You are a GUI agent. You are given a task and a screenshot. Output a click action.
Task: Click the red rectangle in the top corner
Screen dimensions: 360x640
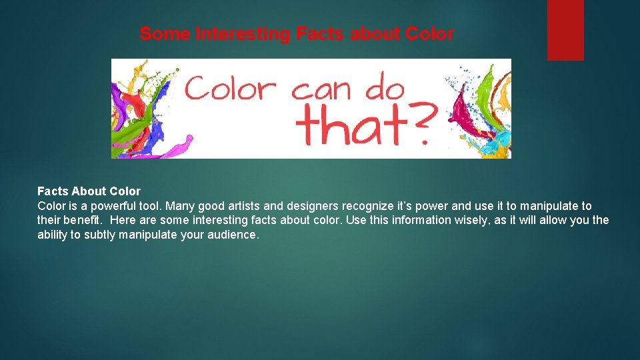coord(565,30)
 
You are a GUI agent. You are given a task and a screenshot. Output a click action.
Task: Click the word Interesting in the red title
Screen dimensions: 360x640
coord(242,34)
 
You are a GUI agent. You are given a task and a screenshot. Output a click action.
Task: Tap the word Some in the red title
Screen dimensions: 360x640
coord(165,34)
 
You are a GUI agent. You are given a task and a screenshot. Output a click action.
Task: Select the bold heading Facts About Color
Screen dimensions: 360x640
coord(89,192)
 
